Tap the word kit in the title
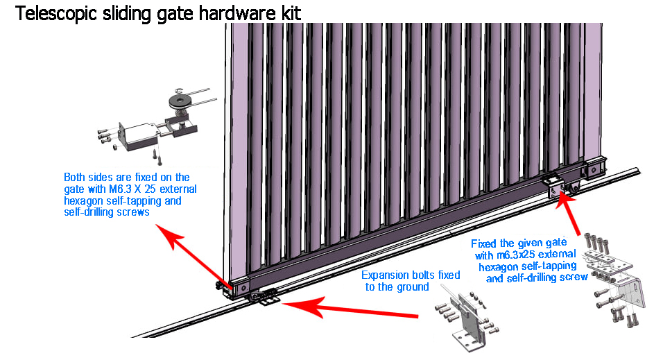pos(289,13)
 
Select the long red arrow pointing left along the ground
pos(354,309)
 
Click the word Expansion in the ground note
pos(386,275)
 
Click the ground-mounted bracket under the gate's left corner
pos(264,298)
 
